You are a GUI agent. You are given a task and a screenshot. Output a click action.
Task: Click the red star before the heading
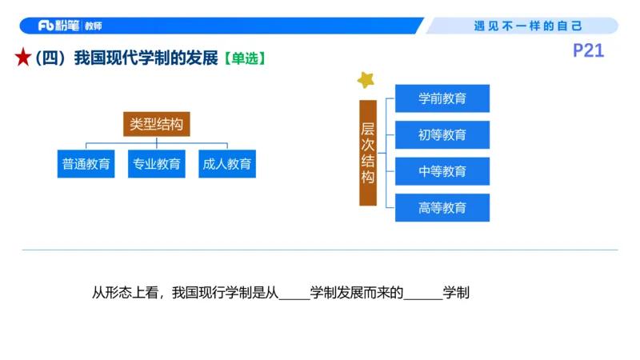coord(23,58)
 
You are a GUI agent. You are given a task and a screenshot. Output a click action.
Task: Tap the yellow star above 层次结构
coord(366,79)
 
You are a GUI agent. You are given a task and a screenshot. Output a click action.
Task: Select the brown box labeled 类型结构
coord(157,125)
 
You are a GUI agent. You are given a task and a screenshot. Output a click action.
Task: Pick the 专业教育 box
coord(157,164)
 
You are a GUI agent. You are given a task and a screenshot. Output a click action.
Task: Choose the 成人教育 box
coord(227,164)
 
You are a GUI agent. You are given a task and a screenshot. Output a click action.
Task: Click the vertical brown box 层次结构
coord(368,153)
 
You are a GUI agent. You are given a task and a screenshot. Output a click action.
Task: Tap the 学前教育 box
coord(442,98)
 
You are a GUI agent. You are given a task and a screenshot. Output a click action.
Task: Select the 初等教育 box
coord(442,134)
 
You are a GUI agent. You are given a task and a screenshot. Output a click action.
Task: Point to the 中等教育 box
coord(442,171)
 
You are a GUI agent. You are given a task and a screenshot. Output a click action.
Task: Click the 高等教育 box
coord(442,208)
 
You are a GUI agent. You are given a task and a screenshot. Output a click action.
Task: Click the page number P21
coord(589,51)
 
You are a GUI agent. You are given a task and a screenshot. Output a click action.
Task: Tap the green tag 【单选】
coord(243,58)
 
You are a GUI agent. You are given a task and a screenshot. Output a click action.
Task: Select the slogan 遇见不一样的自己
coord(528,26)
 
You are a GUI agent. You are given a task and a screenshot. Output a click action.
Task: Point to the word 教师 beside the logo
coord(93,26)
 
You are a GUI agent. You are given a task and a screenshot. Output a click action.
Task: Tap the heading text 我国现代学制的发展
coord(146,58)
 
